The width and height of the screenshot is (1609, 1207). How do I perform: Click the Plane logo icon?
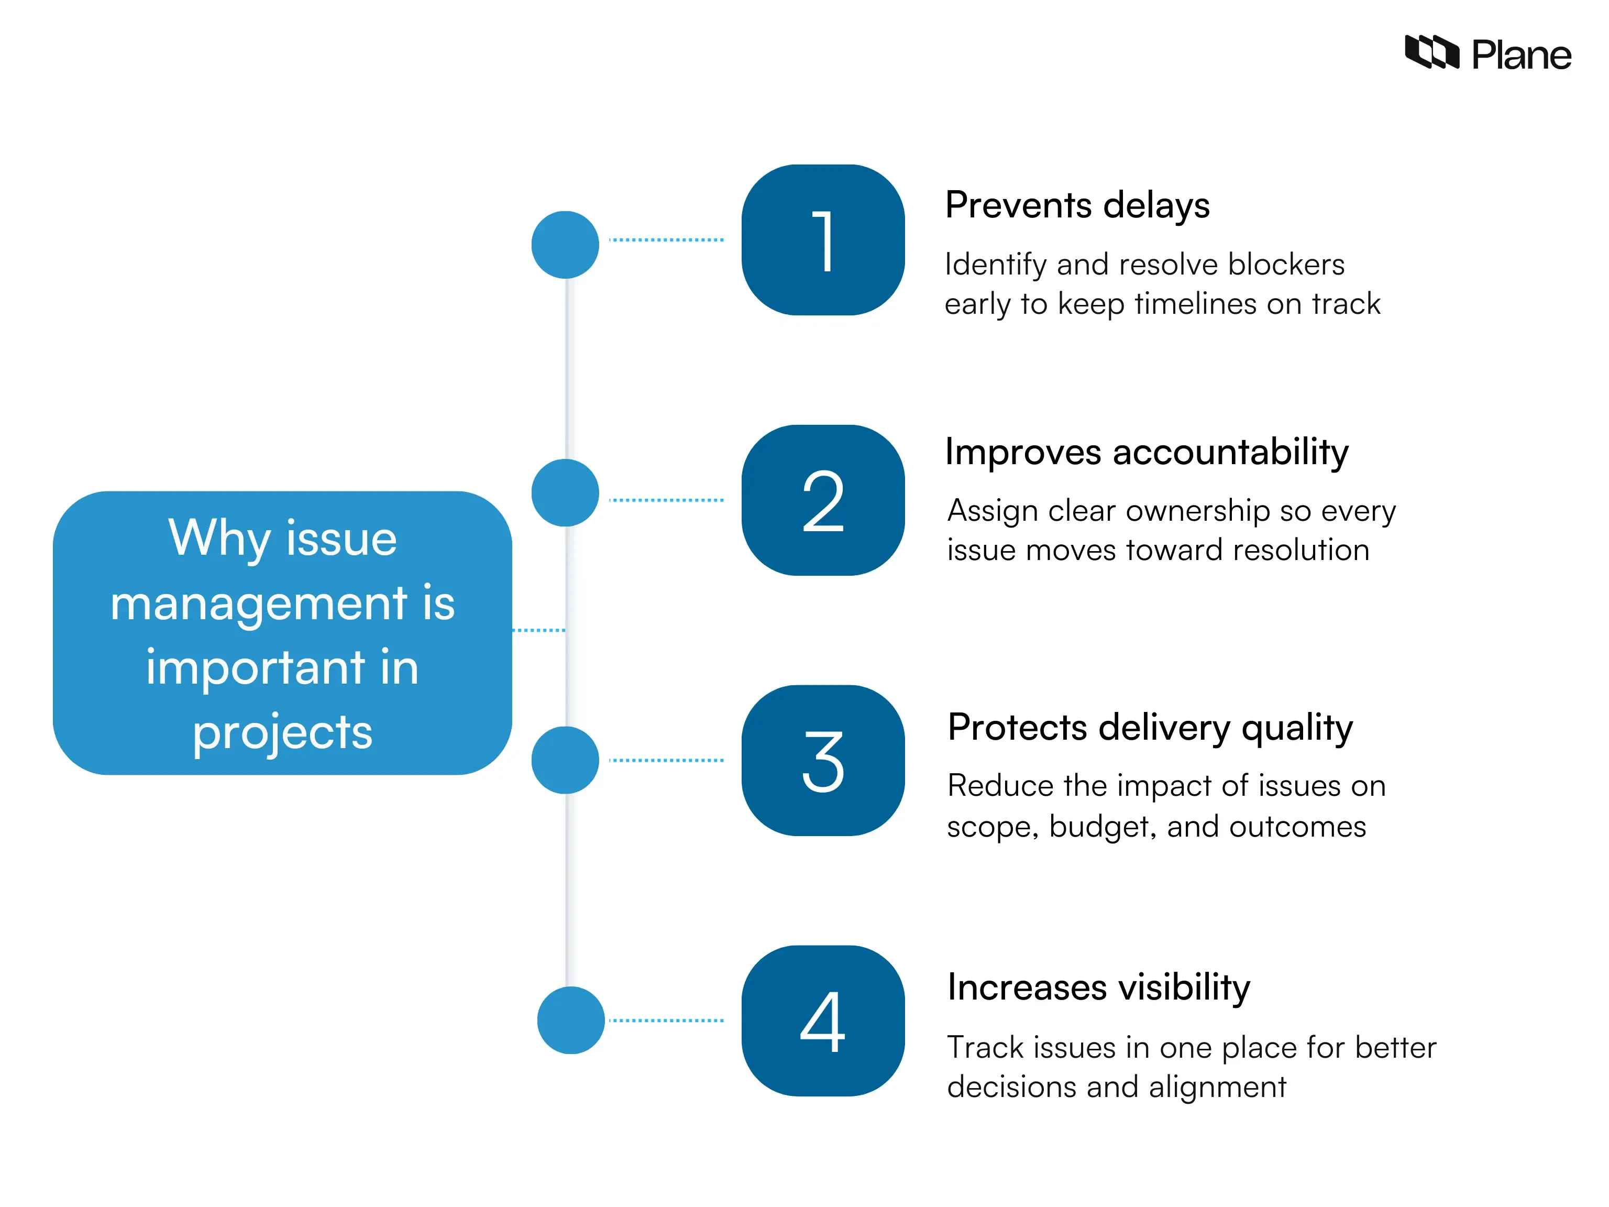coord(1431,52)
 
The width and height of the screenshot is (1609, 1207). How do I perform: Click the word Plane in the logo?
coord(1521,56)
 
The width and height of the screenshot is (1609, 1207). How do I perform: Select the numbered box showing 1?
coord(823,240)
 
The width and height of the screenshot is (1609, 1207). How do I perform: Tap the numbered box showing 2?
coord(823,500)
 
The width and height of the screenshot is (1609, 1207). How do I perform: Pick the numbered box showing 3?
coord(823,760)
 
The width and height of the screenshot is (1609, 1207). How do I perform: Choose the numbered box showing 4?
coord(823,1021)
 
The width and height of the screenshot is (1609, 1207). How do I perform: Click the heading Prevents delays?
coord(1076,206)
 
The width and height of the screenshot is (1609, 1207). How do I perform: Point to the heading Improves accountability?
coord(1147,453)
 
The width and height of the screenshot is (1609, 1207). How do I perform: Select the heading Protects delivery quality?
coord(1150,728)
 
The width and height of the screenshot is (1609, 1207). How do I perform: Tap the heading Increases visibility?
coord(1098,988)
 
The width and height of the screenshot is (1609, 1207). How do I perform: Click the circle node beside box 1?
coord(565,245)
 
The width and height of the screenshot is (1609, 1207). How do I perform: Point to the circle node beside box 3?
coord(565,760)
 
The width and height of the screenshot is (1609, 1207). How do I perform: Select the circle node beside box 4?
coord(571,1020)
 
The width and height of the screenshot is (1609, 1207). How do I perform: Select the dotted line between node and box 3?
coord(666,760)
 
